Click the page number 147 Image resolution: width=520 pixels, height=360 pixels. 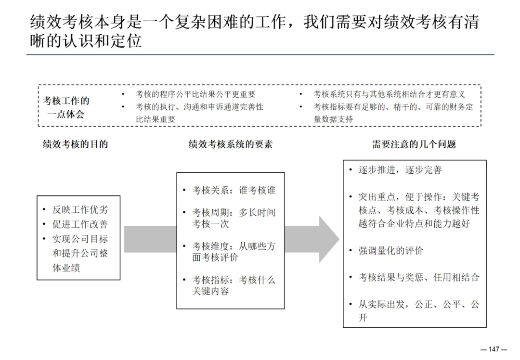[494, 349]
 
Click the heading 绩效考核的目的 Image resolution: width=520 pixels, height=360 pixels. [76, 144]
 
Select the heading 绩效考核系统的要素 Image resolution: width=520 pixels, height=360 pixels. [230, 144]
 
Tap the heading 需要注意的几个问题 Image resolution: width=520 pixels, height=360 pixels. [414, 144]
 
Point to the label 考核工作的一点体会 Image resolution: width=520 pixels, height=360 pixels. [66, 107]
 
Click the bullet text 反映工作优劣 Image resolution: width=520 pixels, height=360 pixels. [80, 209]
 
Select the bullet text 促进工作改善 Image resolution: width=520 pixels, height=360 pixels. [80, 224]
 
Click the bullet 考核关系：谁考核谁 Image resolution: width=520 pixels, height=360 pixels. [234, 190]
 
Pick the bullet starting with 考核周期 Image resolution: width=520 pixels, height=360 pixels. [234, 218]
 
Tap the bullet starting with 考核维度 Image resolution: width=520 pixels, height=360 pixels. [234, 251]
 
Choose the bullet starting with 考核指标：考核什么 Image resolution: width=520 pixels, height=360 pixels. [234, 285]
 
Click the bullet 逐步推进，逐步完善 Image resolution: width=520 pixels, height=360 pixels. [400, 170]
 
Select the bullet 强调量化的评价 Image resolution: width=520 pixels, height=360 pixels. [391, 251]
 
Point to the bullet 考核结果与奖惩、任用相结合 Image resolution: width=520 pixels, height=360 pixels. [419, 277]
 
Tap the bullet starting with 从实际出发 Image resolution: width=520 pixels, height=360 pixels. [419, 310]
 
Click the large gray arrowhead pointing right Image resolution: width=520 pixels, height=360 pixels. [327, 239]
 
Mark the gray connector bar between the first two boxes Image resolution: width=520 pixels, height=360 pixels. [150, 239]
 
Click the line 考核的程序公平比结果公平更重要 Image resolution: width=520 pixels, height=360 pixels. [195, 94]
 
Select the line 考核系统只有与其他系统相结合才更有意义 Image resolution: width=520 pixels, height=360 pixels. [390, 94]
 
